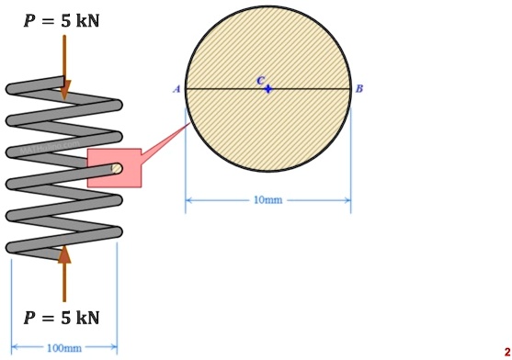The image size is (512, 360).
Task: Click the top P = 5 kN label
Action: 62,19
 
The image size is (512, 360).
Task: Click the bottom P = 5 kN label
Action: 62,318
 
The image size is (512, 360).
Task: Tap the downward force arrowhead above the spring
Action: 64,90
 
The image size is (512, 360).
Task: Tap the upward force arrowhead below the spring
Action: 64,253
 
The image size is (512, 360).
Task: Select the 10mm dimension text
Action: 267,199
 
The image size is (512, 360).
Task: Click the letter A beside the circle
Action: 176,89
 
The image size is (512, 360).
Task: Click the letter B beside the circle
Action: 359,89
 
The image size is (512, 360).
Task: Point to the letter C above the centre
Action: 261,81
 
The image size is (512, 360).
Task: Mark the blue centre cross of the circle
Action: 267,89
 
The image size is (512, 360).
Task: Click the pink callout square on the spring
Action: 114,168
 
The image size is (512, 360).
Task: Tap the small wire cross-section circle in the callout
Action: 117,168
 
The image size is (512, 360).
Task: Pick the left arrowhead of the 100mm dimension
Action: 15,348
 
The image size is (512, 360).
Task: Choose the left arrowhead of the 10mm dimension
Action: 189,199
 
